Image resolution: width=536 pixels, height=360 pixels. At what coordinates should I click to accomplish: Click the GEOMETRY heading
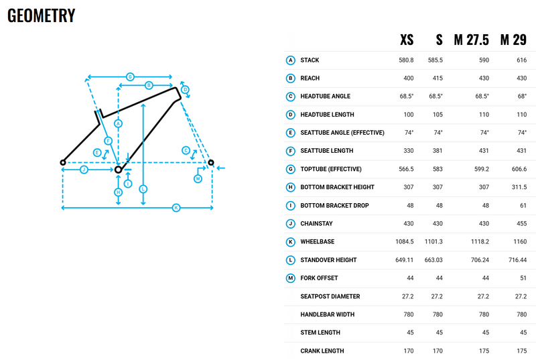click(41, 15)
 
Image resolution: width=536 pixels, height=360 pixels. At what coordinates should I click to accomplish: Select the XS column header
click(407, 40)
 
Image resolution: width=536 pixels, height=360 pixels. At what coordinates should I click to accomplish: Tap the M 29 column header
click(513, 40)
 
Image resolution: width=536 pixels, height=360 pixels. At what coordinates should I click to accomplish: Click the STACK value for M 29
click(522, 60)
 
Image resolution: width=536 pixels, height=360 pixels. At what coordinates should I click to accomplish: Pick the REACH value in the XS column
click(409, 78)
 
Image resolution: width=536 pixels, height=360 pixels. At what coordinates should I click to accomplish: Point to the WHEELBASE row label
click(317, 242)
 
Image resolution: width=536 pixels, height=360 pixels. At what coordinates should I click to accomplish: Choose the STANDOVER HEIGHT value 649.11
click(405, 260)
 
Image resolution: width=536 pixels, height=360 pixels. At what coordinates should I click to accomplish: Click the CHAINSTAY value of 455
click(522, 224)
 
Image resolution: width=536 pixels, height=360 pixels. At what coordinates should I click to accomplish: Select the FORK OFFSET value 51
click(523, 278)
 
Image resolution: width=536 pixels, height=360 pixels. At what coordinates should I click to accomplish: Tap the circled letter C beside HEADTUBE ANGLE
click(291, 97)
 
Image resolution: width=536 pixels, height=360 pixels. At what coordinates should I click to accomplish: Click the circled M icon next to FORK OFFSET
click(291, 278)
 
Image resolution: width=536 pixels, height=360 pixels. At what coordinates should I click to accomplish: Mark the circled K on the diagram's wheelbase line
click(176, 208)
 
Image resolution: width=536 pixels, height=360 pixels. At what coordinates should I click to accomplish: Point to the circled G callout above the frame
click(130, 76)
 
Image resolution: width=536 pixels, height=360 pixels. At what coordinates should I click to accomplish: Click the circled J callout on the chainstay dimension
click(84, 170)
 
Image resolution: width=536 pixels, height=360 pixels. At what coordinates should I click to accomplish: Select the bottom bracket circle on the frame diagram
click(118, 170)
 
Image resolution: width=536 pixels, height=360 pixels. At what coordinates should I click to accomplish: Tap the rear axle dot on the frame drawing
click(63, 162)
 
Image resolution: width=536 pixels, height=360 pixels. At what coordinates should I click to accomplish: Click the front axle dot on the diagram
click(211, 162)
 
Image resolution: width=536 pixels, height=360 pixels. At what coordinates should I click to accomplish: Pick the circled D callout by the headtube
click(185, 90)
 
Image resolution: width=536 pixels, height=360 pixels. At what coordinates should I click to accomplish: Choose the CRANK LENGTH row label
click(322, 351)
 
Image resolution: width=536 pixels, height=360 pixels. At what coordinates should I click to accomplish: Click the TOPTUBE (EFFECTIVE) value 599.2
click(481, 169)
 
